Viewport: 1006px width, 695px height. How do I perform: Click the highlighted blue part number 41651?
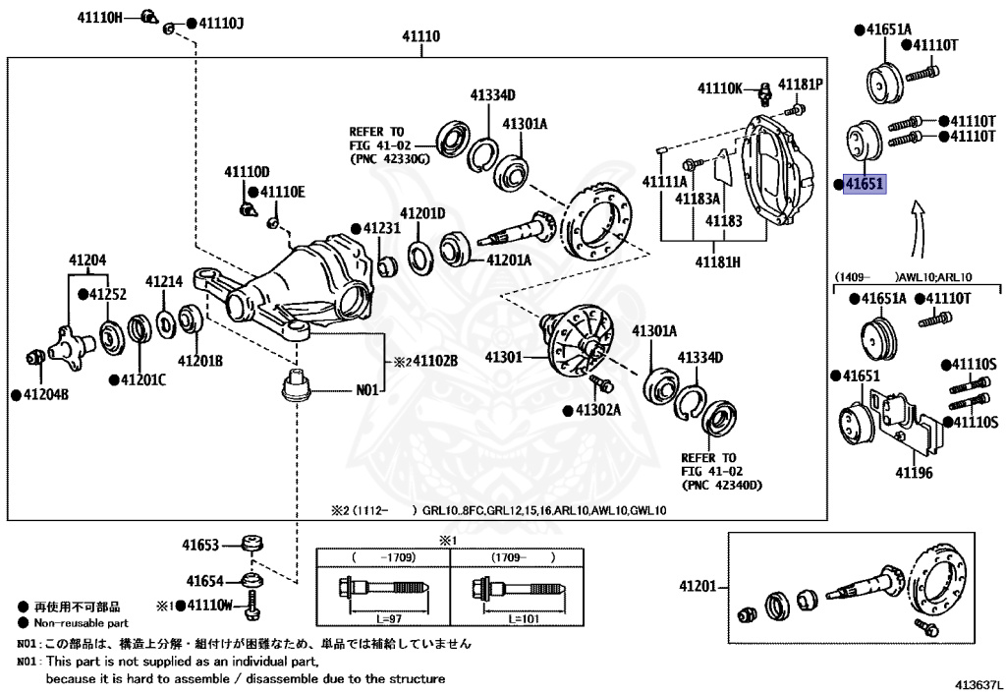coord(865,184)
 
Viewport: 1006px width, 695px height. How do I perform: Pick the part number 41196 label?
coord(916,473)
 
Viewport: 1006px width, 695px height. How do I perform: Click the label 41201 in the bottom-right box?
coord(699,587)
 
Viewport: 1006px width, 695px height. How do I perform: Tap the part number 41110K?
coord(720,87)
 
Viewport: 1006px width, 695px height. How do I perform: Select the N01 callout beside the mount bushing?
coord(366,390)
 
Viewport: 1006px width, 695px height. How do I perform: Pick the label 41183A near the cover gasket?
coord(697,198)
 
